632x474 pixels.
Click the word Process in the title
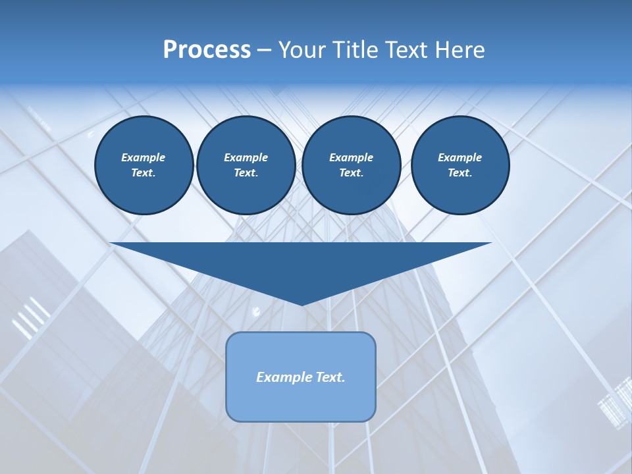click(x=207, y=50)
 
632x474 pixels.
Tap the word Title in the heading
click(x=353, y=50)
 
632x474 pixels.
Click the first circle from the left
click(x=144, y=165)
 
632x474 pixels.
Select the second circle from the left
click(x=246, y=165)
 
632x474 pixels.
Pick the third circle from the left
click(x=351, y=165)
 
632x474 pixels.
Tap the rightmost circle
click(x=460, y=165)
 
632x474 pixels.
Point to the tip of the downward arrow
click(x=302, y=304)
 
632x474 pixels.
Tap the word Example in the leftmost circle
click(x=144, y=157)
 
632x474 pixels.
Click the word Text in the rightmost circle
click(x=460, y=173)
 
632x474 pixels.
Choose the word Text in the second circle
click(x=246, y=173)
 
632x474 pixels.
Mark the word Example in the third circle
click(x=351, y=157)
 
